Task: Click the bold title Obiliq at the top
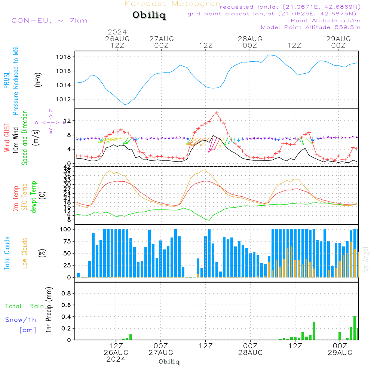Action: [149, 15]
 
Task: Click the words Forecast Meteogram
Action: [174, 4]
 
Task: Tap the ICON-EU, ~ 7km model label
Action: [48, 21]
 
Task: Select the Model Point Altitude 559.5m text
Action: [310, 27]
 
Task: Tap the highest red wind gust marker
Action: [217, 113]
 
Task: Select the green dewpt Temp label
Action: [34, 197]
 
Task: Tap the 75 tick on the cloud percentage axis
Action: [67, 242]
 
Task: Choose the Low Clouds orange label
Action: [25, 253]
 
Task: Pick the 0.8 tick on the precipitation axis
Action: [66, 293]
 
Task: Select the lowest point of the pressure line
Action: [125, 105]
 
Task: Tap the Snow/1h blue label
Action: [21, 320]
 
